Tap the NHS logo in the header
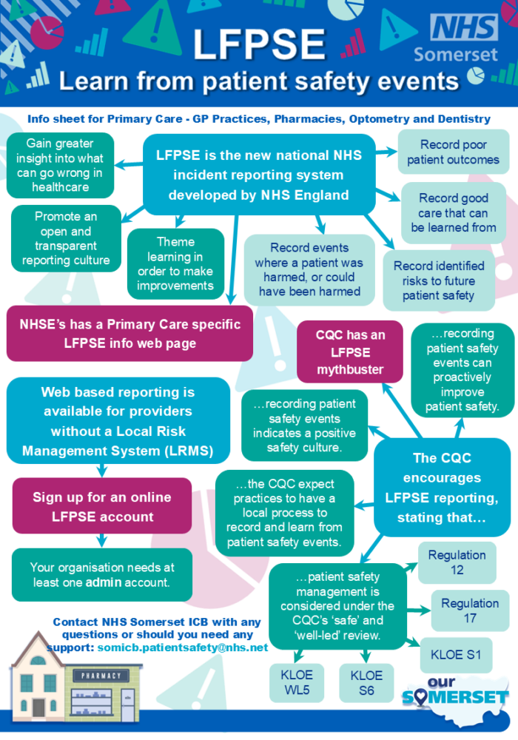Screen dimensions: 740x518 pyautogui.click(x=464, y=28)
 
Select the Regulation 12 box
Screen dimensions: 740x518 pyautogui.click(x=457, y=562)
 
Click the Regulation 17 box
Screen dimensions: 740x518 pyautogui.click(x=470, y=610)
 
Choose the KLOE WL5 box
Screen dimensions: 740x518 pyautogui.click(x=297, y=682)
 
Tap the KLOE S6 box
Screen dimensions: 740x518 pyautogui.click(x=366, y=682)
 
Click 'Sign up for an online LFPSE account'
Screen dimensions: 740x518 pyautogui.click(x=101, y=507)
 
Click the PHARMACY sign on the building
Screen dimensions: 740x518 pyautogui.click(x=101, y=676)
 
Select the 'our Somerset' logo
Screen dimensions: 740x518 pyautogui.click(x=456, y=692)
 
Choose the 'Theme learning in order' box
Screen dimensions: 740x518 pyautogui.click(x=175, y=263)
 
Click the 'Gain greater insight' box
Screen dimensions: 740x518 pyautogui.click(x=60, y=165)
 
